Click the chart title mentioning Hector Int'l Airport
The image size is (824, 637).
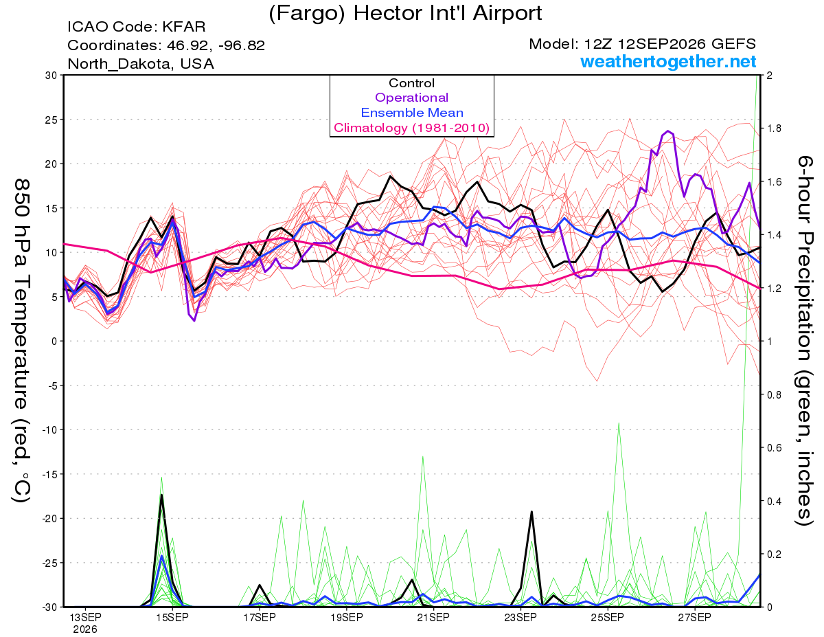coord(405,13)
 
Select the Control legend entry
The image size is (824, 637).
coord(411,83)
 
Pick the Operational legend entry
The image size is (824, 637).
coord(411,98)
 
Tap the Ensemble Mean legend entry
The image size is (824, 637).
coord(412,113)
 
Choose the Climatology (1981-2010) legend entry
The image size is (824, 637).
coord(412,128)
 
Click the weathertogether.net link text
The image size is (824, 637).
coord(668,62)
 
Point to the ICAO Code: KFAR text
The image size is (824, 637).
coord(137,27)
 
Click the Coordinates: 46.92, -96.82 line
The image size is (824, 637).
coord(166,45)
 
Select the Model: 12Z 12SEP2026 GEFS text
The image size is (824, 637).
coord(642,44)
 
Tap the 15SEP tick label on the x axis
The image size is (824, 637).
coord(172,618)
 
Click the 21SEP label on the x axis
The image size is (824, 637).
coord(433,618)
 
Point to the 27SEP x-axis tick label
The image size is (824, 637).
coord(694,618)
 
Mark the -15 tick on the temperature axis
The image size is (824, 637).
coord(49,474)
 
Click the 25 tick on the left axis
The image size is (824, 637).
coord(51,120)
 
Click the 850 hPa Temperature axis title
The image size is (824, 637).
coord(21,341)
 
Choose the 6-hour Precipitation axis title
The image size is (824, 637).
coord(804,341)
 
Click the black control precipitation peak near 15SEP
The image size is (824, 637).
coord(161,495)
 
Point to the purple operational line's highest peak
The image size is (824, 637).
coord(667,131)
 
